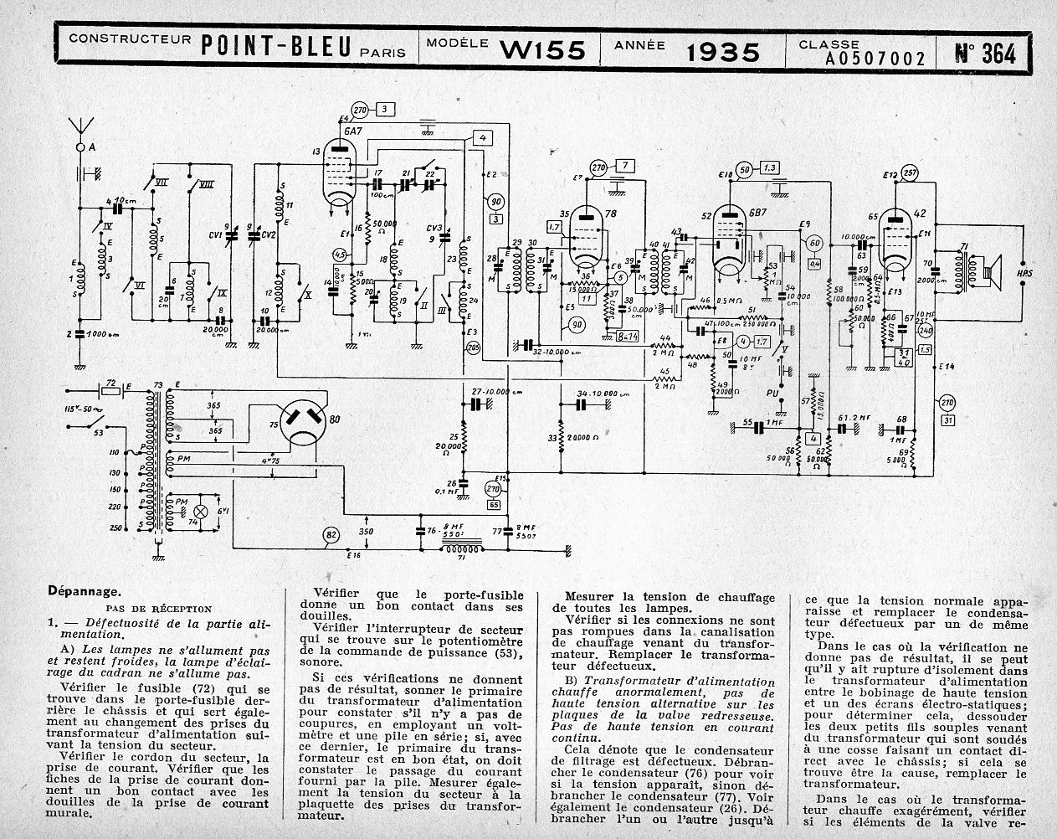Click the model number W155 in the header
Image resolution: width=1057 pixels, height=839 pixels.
coord(543,50)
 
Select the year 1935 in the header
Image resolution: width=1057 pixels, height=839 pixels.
coord(723,52)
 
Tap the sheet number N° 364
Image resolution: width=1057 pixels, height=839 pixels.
coord(985,53)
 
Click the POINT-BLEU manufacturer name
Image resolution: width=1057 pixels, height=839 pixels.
coord(275,48)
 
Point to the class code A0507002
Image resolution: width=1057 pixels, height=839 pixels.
coord(875,59)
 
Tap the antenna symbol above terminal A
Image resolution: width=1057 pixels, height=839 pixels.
coord(82,126)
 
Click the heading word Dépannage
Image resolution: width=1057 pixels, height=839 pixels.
coord(85,590)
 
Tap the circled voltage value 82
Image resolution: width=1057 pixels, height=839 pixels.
coord(332,536)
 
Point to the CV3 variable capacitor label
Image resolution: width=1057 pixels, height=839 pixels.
coord(434,229)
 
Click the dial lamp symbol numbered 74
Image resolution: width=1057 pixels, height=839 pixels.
coord(200,511)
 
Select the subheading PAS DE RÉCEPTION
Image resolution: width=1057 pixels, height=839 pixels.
coord(158,609)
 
